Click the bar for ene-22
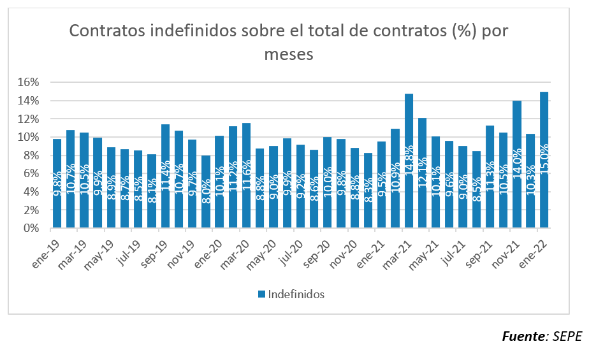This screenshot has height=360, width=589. point(544,159)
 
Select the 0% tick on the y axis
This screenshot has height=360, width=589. point(33,228)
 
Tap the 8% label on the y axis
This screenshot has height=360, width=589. point(33,155)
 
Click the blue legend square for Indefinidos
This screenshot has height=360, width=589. point(261,294)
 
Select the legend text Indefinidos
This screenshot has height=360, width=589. point(296,294)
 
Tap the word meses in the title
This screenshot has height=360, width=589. point(289,54)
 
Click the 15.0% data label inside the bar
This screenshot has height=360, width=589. point(544,162)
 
